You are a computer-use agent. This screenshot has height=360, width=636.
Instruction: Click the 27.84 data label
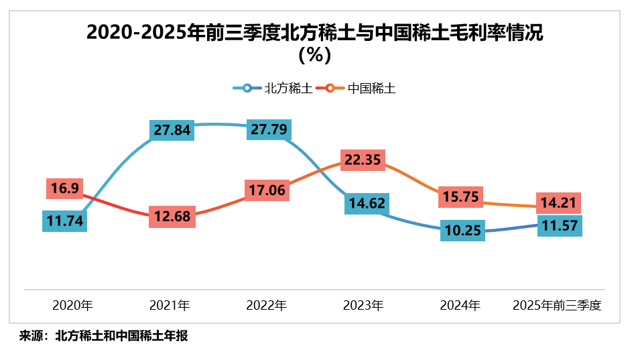click(x=172, y=130)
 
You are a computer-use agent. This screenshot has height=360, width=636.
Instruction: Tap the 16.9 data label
click(x=64, y=189)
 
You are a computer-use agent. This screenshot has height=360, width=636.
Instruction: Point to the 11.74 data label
click(x=64, y=221)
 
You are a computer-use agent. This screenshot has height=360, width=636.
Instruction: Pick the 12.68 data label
click(x=172, y=217)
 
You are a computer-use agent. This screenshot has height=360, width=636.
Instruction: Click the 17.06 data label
click(x=266, y=191)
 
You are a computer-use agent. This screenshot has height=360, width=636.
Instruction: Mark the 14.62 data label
click(x=366, y=203)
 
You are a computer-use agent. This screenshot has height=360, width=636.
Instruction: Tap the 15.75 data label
click(x=460, y=198)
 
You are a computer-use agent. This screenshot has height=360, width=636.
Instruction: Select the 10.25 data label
click(x=462, y=230)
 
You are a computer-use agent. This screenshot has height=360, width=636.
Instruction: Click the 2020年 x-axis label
click(x=73, y=306)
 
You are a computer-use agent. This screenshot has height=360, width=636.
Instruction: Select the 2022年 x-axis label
click(x=266, y=306)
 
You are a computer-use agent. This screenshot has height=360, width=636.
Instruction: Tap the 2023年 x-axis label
click(x=363, y=306)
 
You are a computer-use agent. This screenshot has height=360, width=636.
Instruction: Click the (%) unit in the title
click(x=315, y=55)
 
